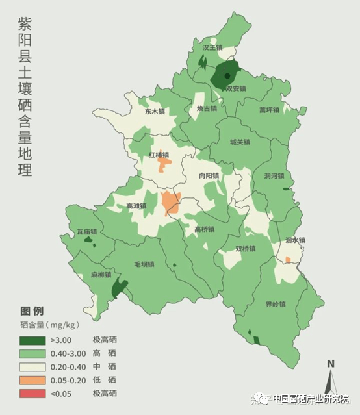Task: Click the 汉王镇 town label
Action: click(212, 47)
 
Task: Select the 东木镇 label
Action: click(155, 111)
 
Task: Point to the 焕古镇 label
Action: click(207, 108)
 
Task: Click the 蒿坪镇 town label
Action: click(269, 110)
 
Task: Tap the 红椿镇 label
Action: click(159, 155)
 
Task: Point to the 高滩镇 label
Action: click(136, 206)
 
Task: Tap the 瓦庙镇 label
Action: click(86, 231)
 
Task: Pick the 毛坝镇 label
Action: click(144, 264)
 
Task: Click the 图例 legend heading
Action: click(32, 310)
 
